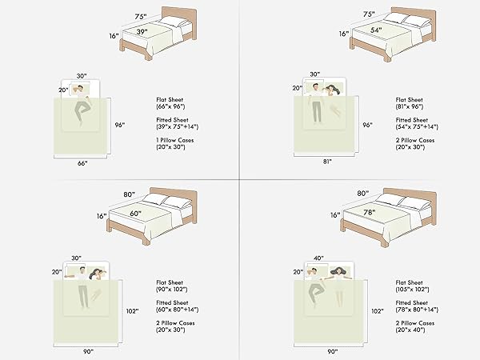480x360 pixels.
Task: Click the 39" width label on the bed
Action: pyautogui.click(x=142, y=31)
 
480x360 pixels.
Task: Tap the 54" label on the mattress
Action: pyautogui.click(x=376, y=30)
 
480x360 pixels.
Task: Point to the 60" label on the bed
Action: pyautogui.click(x=136, y=214)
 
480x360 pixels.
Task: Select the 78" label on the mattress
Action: pyautogui.click(x=370, y=212)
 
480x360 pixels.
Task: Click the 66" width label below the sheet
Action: pyautogui.click(x=82, y=163)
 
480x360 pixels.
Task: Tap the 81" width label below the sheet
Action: pyautogui.click(x=327, y=162)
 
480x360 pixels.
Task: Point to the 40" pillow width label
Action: pyautogui.click(x=318, y=258)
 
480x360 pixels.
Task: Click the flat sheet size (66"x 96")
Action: pyautogui.click(x=171, y=106)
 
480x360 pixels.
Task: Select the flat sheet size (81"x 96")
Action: pyautogui.click(x=410, y=106)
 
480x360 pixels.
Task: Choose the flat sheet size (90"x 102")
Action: pyautogui.click(x=172, y=290)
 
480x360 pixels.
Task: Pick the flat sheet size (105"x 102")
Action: pyautogui.click(x=412, y=290)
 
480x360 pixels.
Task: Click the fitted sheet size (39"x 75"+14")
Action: pyautogui.click(x=178, y=126)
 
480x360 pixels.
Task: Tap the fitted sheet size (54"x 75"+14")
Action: pyautogui.click(x=417, y=126)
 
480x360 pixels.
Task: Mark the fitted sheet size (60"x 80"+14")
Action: pyautogui.click(x=178, y=310)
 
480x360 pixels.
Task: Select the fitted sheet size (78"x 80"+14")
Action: pyautogui.click(x=417, y=310)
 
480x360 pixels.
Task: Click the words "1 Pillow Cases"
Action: pyautogui.click(x=175, y=140)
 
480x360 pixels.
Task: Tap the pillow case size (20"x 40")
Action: pyautogui.click(x=410, y=330)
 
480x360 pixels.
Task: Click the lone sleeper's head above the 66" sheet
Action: pyautogui.click(x=80, y=89)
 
